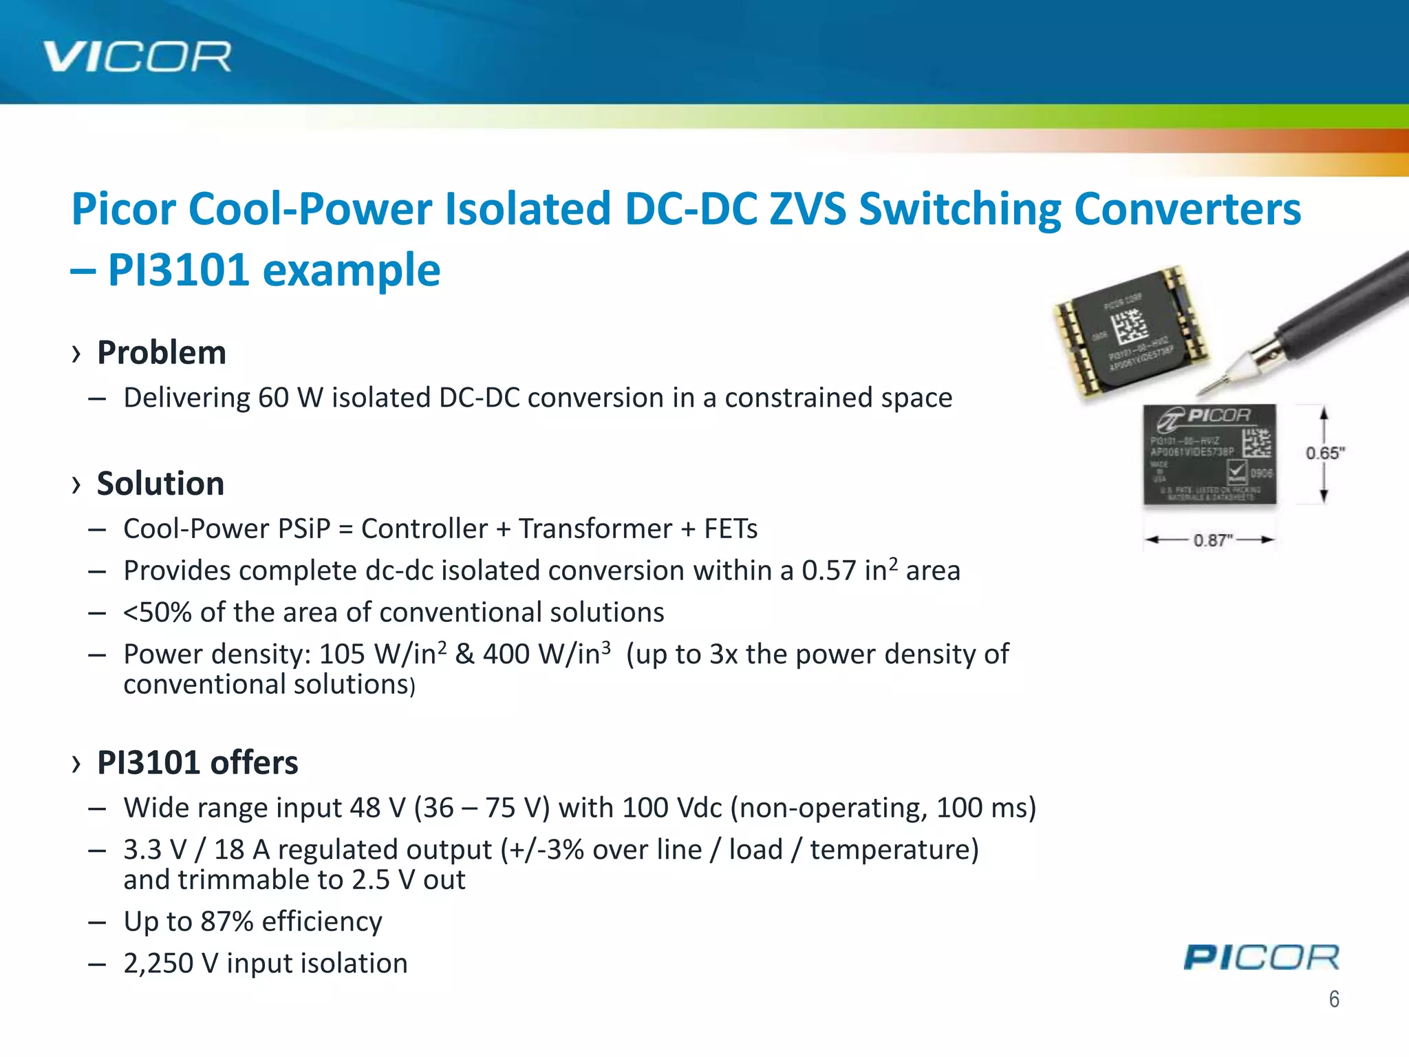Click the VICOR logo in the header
(138, 56)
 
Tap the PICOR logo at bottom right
(1261, 957)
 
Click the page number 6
(1333, 999)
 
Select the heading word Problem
(162, 353)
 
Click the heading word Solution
(160, 484)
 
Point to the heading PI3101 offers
(197, 762)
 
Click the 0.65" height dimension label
(1325, 453)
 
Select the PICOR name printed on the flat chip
(1218, 416)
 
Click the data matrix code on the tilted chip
(1130, 325)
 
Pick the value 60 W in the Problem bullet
(273, 398)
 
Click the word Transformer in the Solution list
(595, 529)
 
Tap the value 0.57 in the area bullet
(828, 571)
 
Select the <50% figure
(157, 612)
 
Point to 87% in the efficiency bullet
(227, 921)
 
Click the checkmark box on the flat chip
(1236, 471)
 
